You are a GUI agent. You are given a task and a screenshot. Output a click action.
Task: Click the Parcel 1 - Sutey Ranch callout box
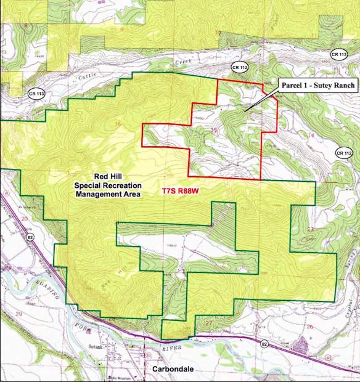318,85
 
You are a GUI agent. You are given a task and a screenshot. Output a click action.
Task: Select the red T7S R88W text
183,192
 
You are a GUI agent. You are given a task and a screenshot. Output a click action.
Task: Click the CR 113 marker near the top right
338,55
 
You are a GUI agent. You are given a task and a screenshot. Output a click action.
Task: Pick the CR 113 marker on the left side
36,93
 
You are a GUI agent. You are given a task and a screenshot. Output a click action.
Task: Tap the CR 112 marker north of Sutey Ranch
239,67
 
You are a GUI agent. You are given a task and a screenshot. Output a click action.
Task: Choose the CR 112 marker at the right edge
344,152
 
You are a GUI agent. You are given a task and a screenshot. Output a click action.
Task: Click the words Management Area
108,194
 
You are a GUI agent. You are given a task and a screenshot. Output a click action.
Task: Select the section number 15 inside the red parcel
214,131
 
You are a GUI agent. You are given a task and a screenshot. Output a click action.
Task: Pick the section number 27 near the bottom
208,323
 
